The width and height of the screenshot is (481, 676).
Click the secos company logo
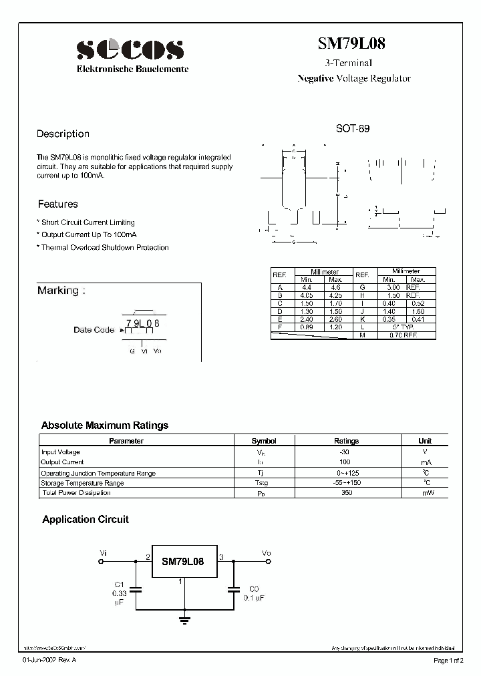pos(130,49)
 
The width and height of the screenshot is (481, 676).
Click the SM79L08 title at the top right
pos(351,44)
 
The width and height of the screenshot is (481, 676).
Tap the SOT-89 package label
pos(352,128)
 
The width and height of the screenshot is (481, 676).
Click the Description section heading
pos(63,134)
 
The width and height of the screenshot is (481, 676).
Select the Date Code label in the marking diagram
pos(94,330)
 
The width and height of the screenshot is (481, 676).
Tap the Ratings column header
pos(346,441)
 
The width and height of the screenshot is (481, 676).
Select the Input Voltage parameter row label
pos(61,452)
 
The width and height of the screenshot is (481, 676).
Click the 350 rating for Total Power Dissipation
pos(346,493)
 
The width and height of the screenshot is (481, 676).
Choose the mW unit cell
pos(425,493)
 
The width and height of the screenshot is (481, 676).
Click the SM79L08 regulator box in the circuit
pos(182,562)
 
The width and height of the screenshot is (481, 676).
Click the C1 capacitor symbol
pos(136,590)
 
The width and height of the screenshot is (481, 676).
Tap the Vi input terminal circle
pos(101,562)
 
